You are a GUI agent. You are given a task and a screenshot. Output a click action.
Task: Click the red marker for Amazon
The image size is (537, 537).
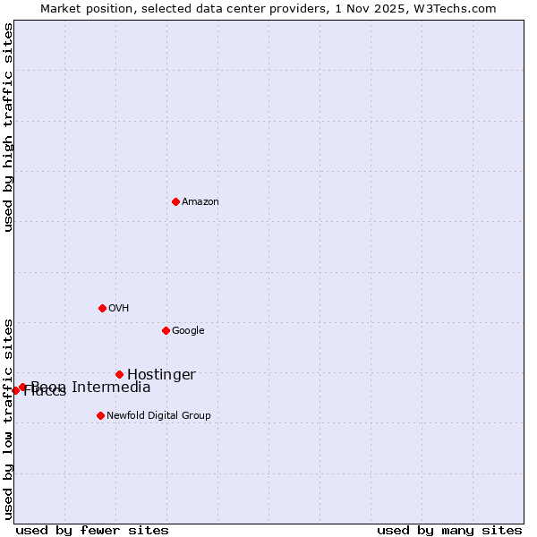click(175, 201)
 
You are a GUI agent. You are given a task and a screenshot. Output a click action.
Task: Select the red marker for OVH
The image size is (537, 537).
click(102, 308)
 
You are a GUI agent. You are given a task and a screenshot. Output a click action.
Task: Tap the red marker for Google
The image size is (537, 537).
click(166, 330)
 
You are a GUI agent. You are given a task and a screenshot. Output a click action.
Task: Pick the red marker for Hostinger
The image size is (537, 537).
click(119, 374)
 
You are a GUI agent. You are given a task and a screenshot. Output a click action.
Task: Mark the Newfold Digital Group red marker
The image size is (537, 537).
click(100, 415)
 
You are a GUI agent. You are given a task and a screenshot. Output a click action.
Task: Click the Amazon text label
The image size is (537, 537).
click(200, 202)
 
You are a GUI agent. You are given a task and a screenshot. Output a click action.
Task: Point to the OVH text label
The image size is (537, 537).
click(119, 309)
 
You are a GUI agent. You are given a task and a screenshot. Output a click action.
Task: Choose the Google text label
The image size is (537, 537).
click(188, 331)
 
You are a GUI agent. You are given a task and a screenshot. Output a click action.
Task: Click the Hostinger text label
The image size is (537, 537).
click(161, 375)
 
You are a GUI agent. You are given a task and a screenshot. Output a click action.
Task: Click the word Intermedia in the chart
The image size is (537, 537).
click(111, 388)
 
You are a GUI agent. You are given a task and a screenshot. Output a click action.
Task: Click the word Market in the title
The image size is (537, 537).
click(61, 9)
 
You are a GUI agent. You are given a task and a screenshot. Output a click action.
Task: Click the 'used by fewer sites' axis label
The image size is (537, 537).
click(92, 530)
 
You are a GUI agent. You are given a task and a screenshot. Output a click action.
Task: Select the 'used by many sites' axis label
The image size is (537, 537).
click(449, 530)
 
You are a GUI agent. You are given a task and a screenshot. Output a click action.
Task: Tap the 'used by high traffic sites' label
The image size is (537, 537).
click(9, 128)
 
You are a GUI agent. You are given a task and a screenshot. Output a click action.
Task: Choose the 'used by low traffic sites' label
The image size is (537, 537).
click(9, 419)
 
